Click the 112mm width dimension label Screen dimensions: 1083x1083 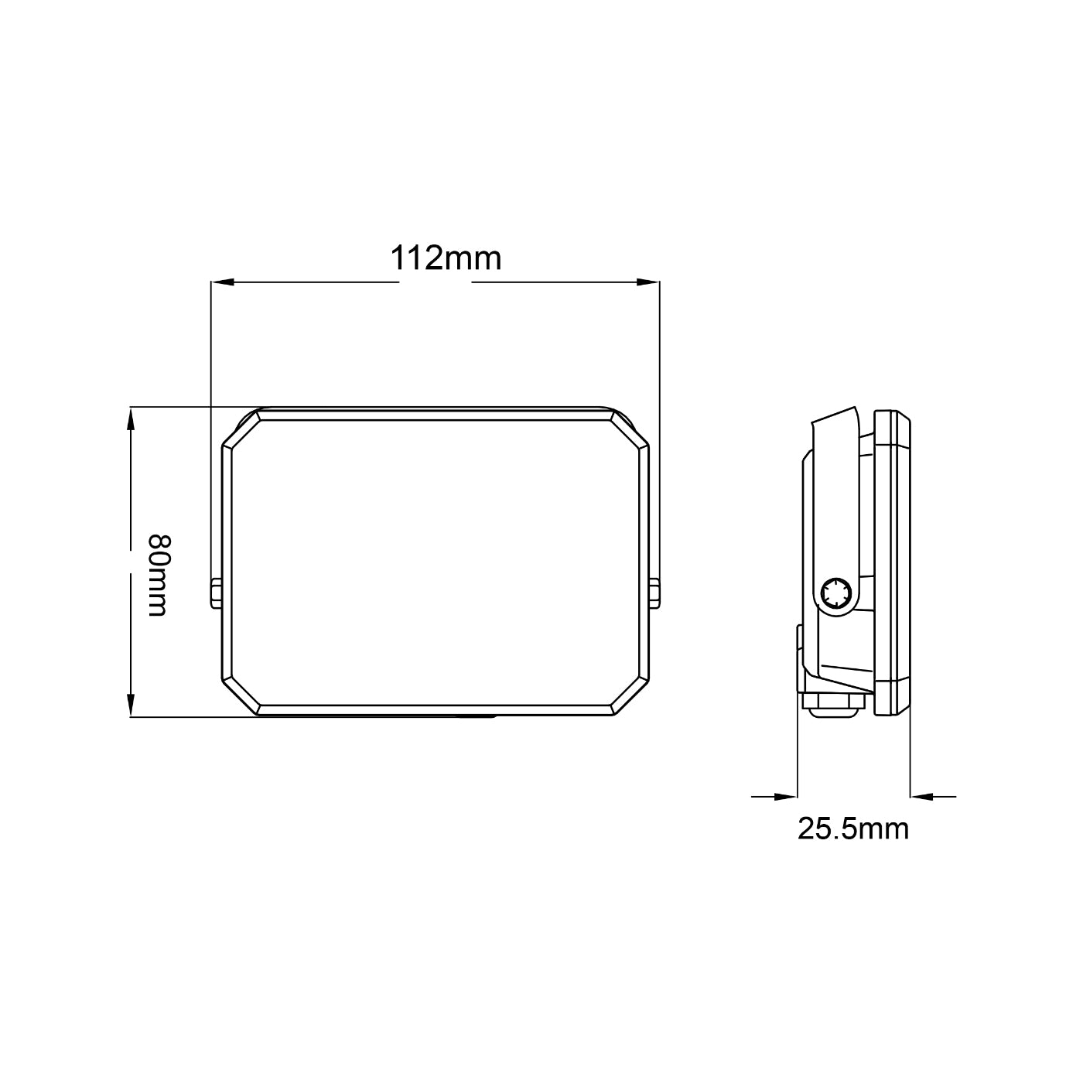pyautogui.click(x=446, y=258)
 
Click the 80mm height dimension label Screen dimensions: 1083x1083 pyautogui.click(x=158, y=574)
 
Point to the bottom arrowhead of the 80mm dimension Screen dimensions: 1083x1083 pyautogui.click(x=132, y=703)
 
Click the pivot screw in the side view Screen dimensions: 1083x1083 pyautogui.click(x=836, y=595)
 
